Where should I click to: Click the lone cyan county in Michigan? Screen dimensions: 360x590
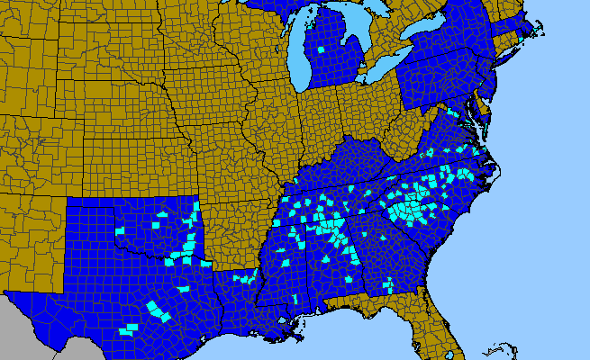point(322,46)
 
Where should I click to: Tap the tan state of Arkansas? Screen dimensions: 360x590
point(239,229)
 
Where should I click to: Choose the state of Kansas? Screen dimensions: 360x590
point(126,162)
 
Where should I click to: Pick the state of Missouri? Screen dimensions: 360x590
point(225,162)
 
